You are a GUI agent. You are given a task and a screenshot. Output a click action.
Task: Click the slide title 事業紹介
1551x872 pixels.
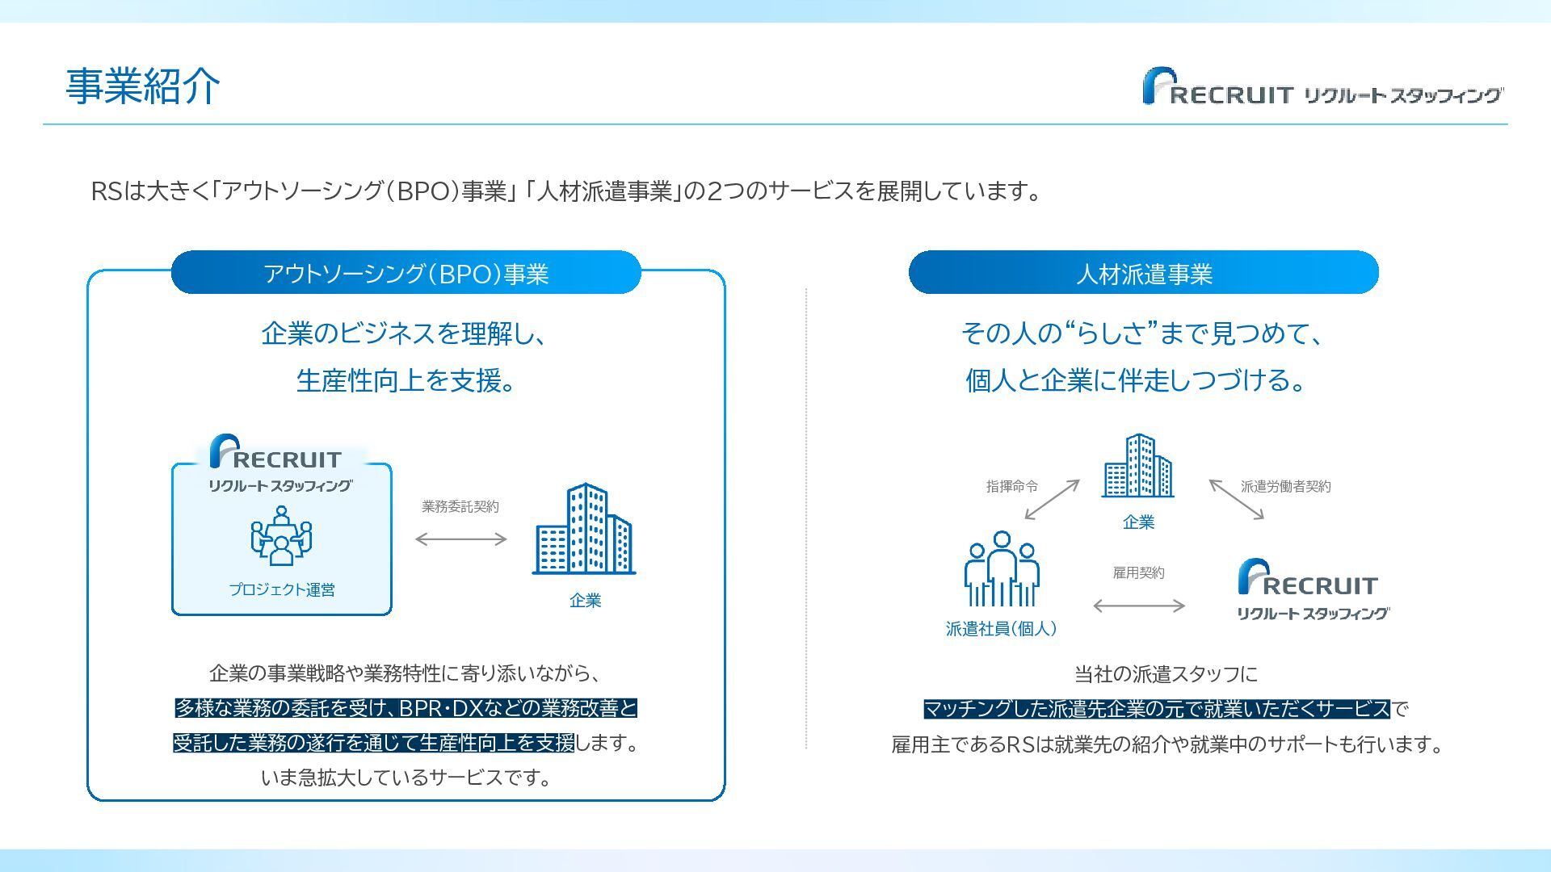(x=142, y=86)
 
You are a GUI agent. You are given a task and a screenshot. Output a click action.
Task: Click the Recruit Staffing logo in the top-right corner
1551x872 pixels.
(x=1322, y=87)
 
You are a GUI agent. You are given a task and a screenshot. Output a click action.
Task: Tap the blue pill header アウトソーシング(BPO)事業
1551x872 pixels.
(x=406, y=273)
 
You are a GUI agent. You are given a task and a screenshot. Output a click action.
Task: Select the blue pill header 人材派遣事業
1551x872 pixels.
(x=1143, y=273)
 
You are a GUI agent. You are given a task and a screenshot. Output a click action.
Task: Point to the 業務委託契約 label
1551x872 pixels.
(x=460, y=506)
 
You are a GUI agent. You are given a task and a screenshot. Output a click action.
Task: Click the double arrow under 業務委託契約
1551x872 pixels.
(x=460, y=539)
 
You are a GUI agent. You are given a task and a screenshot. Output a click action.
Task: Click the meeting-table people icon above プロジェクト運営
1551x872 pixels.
(x=281, y=535)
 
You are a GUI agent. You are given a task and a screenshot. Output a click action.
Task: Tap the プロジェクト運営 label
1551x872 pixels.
(x=281, y=589)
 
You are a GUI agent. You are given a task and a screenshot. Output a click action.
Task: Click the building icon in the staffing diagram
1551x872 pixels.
(x=1137, y=466)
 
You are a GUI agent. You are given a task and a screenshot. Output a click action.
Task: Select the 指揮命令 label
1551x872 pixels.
(x=1011, y=486)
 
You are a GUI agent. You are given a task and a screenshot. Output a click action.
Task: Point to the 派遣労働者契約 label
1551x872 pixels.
(x=1285, y=486)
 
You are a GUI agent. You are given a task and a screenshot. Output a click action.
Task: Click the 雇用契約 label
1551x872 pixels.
(x=1138, y=572)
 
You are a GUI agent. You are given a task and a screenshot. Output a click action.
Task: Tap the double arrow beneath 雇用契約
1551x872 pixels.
(x=1138, y=606)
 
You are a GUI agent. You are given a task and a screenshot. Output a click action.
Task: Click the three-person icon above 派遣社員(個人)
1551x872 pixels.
(x=1002, y=569)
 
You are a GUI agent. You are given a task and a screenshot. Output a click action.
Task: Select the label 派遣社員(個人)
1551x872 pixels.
(x=1001, y=628)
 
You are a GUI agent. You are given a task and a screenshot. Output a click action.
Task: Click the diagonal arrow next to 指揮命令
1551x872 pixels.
(x=1052, y=500)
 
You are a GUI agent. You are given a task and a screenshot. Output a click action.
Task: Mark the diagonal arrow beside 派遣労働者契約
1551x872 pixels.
(x=1236, y=500)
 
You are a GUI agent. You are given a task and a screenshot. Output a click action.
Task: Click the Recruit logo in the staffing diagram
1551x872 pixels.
(x=1313, y=589)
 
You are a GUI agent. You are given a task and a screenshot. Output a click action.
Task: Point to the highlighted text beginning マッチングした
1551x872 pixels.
(x=1156, y=709)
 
